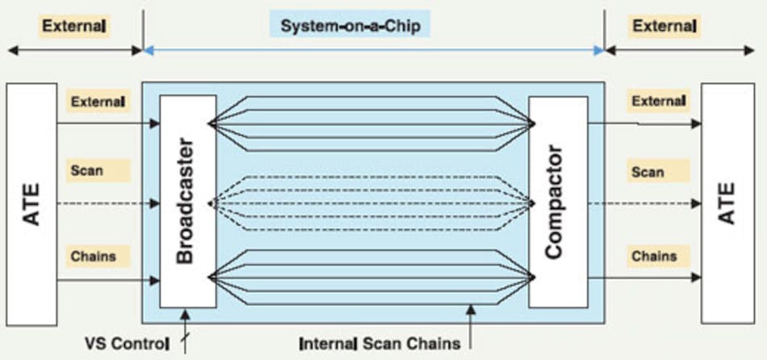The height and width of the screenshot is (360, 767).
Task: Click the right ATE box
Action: point(727,201)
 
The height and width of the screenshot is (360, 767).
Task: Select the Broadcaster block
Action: point(187,201)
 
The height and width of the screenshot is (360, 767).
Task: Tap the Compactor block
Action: point(556,201)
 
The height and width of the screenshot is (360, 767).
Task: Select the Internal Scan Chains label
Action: point(379,343)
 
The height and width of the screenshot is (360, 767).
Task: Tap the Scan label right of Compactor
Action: point(648,171)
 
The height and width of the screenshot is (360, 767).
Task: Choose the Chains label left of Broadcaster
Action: point(93,257)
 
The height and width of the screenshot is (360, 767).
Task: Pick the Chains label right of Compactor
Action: point(655,257)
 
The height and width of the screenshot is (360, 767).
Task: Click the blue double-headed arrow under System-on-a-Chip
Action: point(373,50)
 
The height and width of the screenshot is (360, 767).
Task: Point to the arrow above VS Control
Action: point(187,321)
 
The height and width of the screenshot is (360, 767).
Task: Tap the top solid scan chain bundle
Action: point(371,123)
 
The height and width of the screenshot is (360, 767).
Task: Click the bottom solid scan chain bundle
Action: point(371,278)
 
